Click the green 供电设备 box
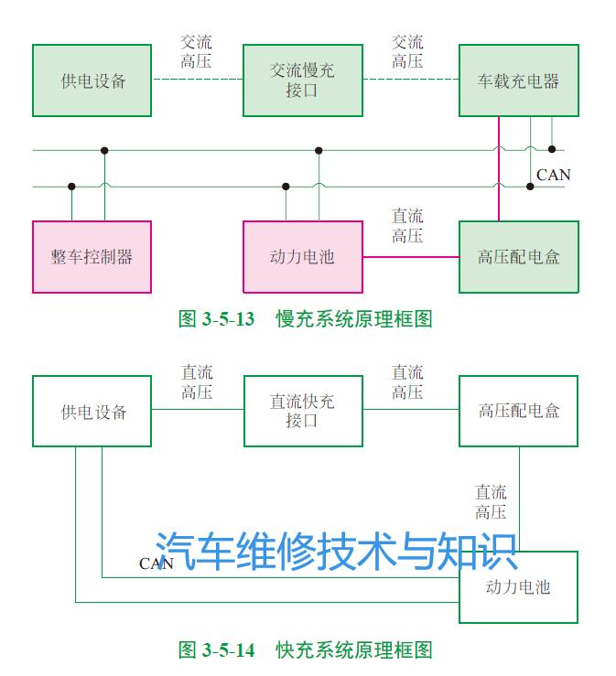tap(92, 80)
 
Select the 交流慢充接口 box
tap(302, 80)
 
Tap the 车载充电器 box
tap(518, 80)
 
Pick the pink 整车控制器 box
tap(92, 257)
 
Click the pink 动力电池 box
tap(302, 257)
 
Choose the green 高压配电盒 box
tap(518, 257)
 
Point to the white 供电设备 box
tap(92, 411)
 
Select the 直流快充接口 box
tap(302, 411)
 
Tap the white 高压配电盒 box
tap(518, 411)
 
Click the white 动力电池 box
tap(518, 586)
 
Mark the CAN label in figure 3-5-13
tap(553, 175)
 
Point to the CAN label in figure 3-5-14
tap(156, 563)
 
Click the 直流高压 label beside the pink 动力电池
tap(407, 226)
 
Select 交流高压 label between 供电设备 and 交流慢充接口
tap(197, 51)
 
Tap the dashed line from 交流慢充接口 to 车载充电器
tap(410, 80)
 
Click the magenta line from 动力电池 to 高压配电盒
tap(410, 257)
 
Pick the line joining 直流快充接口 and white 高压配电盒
tap(410, 411)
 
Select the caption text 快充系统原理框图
tap(353, 650)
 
